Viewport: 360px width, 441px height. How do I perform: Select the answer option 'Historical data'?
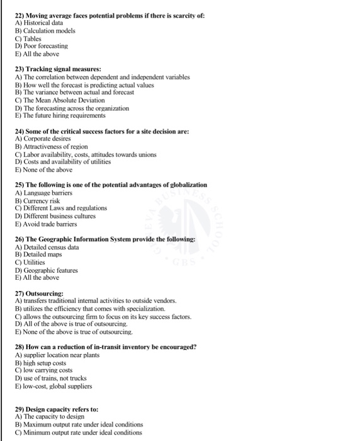pyautogui.click(x=45, y=22)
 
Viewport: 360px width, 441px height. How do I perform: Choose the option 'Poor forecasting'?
pyautogui.click(x=45, y=46)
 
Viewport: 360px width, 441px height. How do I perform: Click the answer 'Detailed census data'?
pyautogui.click(x=51, y=247)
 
